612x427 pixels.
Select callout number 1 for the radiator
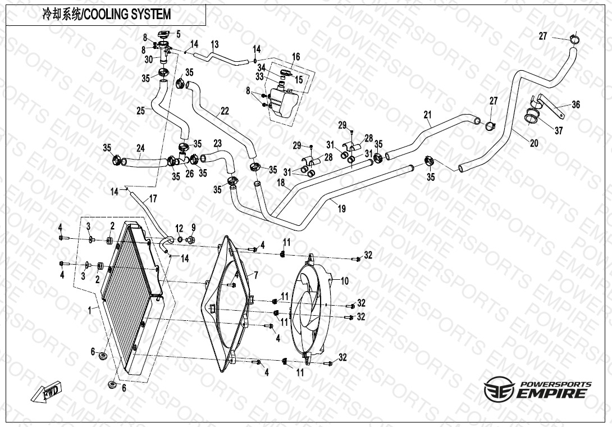pyautogui.click(x=90, y=309)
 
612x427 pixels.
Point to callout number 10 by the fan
pyautogui.click(x=345, y=280)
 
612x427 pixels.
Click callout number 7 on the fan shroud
pyautogui.click(x=255, y=275)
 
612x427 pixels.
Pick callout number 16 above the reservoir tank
pyautogui.click(x=296, y=57)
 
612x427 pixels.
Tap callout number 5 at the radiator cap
pyautogui.click(x=178, y=34)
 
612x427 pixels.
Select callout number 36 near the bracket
pyautogui.click(x=576, y=105)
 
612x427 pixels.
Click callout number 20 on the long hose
pyautogui.click(x=534, y=143)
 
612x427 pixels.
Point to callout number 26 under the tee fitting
pyautogui.click(x=190, y=174)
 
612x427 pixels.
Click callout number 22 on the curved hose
pyautogui.click(x=225, y=111)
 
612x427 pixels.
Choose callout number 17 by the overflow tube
pyautogui.click(x=153, y=198)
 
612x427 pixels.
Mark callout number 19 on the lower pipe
pyautogui.click(x=341, y=208)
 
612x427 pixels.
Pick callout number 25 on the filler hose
pyautogui.click(x=140, y=111)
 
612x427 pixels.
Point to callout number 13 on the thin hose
pyautogui.click(x=214, y=44)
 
